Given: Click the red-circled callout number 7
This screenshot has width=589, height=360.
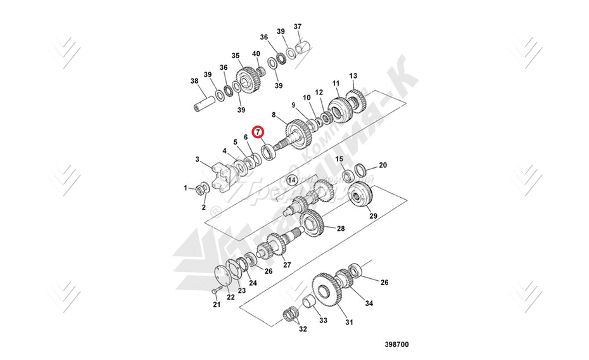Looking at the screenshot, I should [x=258, y=132].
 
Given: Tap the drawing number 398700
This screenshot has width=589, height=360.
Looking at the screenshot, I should [x=396, y=345].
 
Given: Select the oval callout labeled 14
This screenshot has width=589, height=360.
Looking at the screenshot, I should [x=291, y=180].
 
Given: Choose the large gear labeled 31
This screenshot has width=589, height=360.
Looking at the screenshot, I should [x=327, y=293].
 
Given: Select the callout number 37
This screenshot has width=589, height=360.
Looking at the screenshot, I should [x=298, y=27].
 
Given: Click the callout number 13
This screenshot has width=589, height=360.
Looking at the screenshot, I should [x=353, y=75].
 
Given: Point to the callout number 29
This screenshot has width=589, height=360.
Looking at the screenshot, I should [x=373, y=216].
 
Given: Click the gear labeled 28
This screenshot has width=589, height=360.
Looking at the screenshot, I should [x=312, y=222].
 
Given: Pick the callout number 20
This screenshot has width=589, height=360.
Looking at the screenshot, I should [x=383, y=165].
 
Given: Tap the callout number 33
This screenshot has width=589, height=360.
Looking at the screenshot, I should [x=323, y=321].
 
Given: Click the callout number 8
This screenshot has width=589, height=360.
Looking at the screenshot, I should [x=274, y=115].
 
